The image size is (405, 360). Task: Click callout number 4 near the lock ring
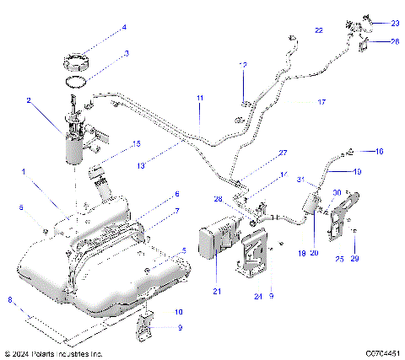click(124, 27)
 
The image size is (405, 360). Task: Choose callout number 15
click(136, 144)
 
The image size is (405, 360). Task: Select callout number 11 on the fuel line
click(200, 99)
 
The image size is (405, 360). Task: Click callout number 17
click(321, 101)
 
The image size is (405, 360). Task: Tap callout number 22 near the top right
click(318, 30)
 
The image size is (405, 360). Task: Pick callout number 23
click(395, 22)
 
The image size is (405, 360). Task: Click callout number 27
click(283, 153)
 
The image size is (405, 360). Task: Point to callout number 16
click(379, 151)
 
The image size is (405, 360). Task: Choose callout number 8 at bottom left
click(8, 298)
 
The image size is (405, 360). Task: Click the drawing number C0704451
click(382, 353)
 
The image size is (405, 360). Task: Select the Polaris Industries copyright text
click(52, 353)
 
